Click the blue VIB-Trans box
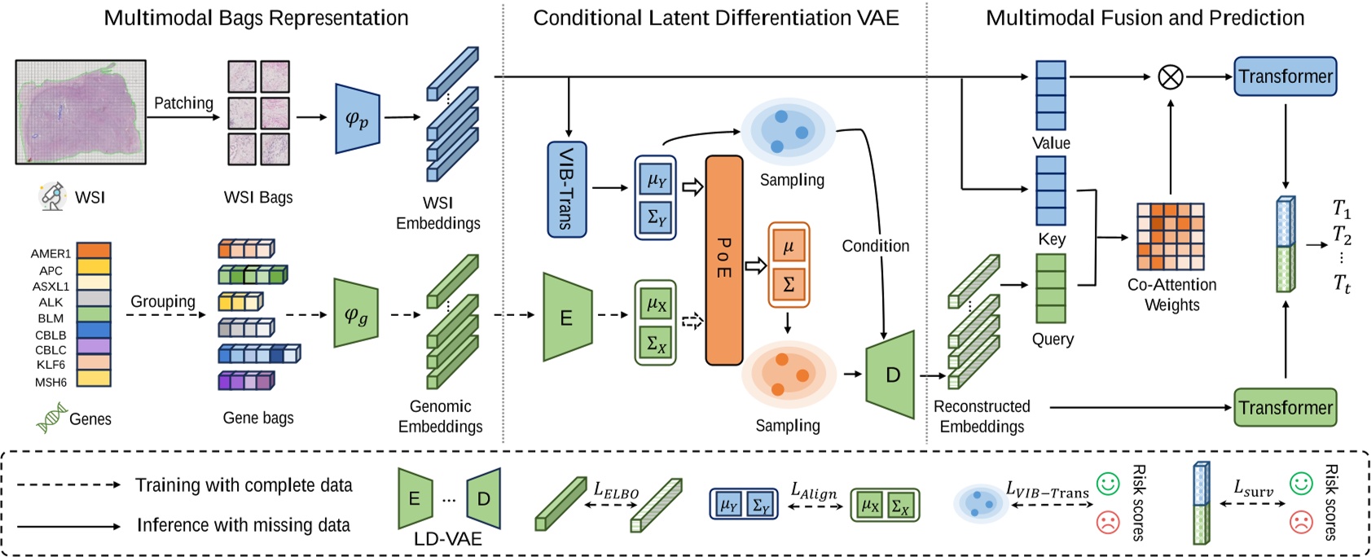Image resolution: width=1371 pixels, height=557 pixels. [x=566, y=189]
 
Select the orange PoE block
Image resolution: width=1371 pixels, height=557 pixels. [x=723, y=260]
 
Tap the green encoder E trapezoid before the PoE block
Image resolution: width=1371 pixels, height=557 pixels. [x=567, y=317]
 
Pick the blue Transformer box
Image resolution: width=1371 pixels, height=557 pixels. [x=1285, y=77]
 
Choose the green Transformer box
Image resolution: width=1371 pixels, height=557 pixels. [x=1285, y=407]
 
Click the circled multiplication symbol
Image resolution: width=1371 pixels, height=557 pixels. [x=1171, y=77]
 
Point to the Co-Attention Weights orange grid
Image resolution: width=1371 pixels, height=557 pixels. [x=1171, y=236]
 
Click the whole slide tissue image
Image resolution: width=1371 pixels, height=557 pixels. [x=81, y=112]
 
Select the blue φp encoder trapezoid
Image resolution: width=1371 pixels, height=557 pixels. [x=358, y=119]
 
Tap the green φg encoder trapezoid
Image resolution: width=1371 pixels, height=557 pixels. [x=356, y=314]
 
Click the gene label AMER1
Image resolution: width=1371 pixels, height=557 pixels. [x=51, y=254]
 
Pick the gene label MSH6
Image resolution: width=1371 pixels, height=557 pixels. [x=51, y=382]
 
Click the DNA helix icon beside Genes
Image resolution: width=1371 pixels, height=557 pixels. [x=51, y=419]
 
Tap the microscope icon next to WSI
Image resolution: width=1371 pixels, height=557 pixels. [x=53, y=196]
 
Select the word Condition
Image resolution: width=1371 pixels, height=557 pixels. [x=875, y=246]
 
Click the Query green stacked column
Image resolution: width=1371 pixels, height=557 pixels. [x=1050, y=288]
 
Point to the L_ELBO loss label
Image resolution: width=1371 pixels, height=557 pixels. [x=616, y=490]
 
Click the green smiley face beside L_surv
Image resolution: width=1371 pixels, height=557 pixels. [x=1301, y=484]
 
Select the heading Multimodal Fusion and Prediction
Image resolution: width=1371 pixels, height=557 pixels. [x=1145, y=18]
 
